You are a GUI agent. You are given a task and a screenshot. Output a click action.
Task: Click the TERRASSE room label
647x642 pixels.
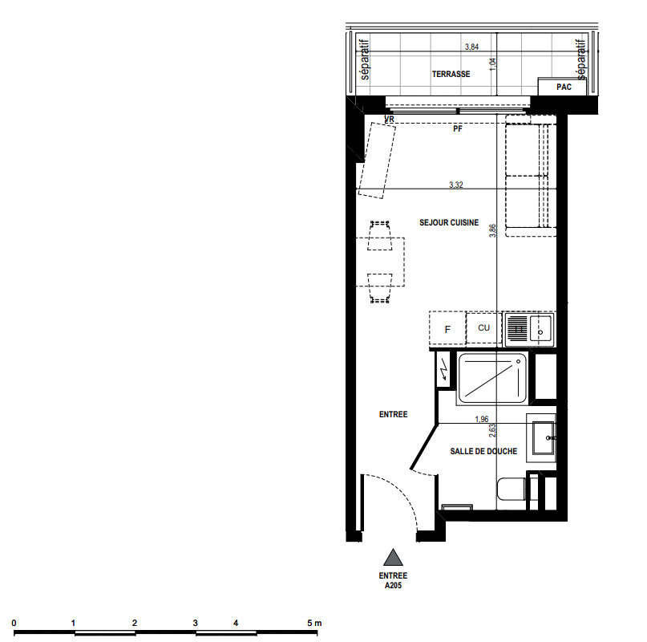point(451,74)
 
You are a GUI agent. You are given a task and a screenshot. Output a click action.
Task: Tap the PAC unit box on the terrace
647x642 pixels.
point(562,87)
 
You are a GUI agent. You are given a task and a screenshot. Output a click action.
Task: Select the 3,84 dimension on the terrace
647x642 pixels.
point(471,47)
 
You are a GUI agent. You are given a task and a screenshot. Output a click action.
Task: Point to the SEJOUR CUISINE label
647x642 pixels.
point(449,222)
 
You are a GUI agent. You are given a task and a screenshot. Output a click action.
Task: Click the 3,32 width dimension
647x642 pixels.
point(456,185)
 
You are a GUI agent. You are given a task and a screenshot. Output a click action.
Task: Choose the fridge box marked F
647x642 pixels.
point(447,328)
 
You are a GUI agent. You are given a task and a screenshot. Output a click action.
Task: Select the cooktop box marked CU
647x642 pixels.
point(483,328)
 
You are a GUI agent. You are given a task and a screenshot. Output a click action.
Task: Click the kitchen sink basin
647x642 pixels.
point(540,328)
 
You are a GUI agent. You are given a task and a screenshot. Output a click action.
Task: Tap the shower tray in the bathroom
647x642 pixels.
point(491,378)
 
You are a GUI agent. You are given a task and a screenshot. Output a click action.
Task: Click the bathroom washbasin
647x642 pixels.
point(543,437)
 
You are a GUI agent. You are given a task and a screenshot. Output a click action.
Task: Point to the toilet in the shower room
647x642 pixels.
point(512,489)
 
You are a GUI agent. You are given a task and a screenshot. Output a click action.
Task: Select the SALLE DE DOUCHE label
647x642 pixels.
point(483,451)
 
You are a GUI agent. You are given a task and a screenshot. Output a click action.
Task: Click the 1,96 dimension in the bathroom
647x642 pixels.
point(482,419)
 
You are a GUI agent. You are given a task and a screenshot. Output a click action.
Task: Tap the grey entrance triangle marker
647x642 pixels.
point(393,557)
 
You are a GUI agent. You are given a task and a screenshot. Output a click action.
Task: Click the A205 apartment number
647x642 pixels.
point(393,585)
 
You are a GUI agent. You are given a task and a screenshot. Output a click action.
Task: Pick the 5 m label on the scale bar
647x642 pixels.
point(314,623)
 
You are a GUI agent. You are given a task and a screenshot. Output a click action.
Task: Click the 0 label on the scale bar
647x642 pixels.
point(14,623)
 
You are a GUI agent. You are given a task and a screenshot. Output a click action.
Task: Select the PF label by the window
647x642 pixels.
point(457,129)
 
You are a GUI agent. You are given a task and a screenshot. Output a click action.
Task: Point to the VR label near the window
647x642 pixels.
point(389,119)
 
